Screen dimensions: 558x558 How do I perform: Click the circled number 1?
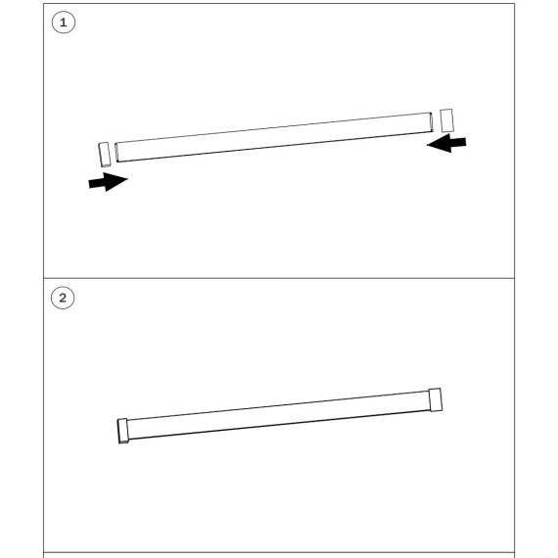64,23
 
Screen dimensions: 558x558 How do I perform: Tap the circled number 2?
63,298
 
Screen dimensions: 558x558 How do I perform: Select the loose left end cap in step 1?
105,155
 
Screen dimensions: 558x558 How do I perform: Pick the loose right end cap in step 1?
446,120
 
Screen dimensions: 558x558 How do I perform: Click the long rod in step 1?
274,137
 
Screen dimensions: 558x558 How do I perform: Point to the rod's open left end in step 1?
116,153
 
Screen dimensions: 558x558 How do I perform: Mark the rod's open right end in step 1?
431,122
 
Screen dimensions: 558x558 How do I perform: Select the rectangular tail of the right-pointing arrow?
97,183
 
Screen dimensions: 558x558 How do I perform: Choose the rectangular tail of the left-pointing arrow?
458,142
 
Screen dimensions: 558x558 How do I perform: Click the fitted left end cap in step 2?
123,431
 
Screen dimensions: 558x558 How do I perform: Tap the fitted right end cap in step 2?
436,399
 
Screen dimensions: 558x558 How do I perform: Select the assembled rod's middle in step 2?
279,415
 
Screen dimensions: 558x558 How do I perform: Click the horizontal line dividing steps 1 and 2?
279,278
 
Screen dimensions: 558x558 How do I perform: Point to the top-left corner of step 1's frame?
43,4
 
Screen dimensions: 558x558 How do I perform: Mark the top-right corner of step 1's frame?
515,4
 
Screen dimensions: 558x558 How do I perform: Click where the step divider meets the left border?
43,278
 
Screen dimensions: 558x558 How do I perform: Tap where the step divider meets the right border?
515,278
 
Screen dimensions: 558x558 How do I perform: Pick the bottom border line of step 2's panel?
279,552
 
